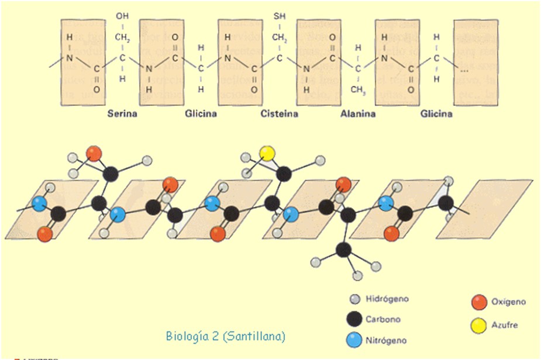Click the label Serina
pyautogui.click(x=122, y=113)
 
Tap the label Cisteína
pyautogui.click(x=279, y=113)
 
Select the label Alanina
pyautogui.click(x=358, y=113)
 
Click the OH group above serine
pyautogui.click(x=122, y=16)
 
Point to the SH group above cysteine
pyautogui.click(x=280, y=16)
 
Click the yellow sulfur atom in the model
pyautogui.click(x=267, y=154)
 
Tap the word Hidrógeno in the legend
pyautogui.click(x=387, y=299)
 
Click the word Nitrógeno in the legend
pyautogui.click(x=386, y=340)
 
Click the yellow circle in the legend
pyautogui.click(x=479, y=325)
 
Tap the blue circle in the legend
pyautogui.click(x=353, y=340)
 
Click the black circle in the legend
pyautogui.click(x=353, y=320)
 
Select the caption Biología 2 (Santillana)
pyautogui.click(x=226, y=336)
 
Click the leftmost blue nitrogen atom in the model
pyautogui.click(x=40, y=205)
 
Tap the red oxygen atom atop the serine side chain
pyautogui.click(x=94, y=154)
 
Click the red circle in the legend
pyautogui.click(x=479, y=302)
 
